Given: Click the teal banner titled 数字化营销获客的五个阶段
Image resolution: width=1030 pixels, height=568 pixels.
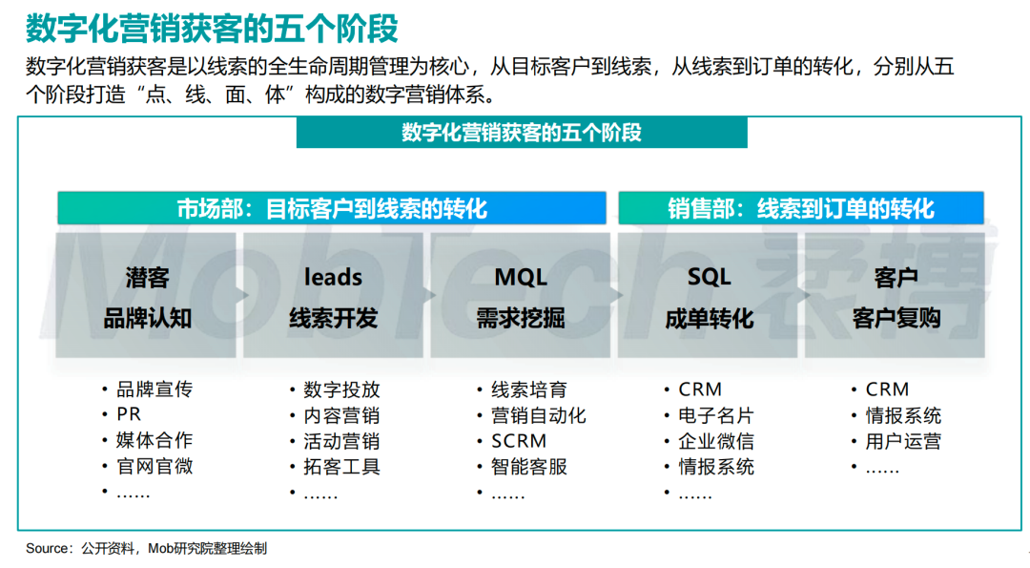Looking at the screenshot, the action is (522, 133).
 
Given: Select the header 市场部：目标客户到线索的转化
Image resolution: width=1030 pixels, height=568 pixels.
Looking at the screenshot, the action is (332, 208).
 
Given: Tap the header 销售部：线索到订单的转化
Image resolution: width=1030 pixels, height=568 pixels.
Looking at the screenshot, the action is (801, 208).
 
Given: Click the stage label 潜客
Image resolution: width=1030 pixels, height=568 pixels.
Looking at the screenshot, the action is (147, 278).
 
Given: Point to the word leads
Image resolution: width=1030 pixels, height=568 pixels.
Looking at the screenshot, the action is (333, 277).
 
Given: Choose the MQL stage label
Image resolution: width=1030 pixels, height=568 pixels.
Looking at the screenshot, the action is (521, 278).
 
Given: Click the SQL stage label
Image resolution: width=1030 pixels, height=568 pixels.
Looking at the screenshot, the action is (709, 278).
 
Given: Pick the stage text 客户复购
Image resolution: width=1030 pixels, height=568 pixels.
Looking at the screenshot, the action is (896, 318).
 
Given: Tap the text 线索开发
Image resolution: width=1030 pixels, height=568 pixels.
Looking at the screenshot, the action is (333, 318).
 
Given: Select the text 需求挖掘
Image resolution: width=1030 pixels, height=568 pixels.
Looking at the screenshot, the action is (521, 318).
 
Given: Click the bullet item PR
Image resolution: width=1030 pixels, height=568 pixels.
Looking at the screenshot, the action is (129, 414).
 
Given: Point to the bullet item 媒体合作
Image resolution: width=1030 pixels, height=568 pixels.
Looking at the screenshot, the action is (154, 440).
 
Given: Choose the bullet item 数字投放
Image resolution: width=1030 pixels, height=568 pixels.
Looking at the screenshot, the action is (341, 389).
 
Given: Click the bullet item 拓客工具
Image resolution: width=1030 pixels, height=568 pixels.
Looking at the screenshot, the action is (341, 467).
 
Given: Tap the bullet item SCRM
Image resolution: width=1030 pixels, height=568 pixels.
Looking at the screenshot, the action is (519, 441).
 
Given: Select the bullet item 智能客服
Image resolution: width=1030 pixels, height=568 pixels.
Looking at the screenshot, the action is (529, 467).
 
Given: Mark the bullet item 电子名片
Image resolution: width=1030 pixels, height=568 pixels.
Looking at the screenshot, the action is (716, 415).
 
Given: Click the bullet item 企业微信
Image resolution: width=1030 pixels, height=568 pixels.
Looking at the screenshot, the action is (716, 441).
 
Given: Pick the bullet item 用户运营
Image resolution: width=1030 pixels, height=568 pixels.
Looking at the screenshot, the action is (903, 441).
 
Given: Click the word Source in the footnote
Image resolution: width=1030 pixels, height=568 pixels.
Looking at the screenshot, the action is (48, 548).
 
